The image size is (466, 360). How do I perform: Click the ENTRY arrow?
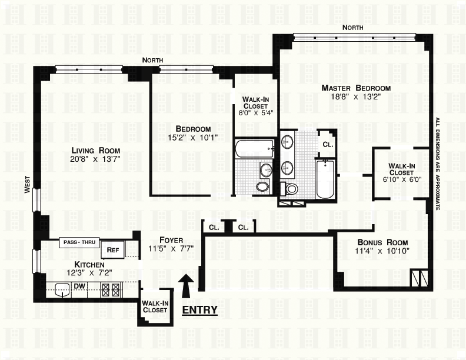tap(186, 285)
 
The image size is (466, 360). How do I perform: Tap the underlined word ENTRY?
tap(199, 310)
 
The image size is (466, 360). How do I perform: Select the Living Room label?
tap(95, 151)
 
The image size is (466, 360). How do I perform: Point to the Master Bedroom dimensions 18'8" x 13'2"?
tap(356, 96)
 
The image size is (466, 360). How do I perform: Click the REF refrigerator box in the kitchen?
tap(112, 250)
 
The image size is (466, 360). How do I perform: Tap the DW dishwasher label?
tap(79, 286)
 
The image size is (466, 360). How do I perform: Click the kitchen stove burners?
tap(111, 289)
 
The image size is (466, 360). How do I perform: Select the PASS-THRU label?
tap(79, 242)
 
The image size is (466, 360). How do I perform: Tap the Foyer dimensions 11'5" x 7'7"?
tap(171, 248)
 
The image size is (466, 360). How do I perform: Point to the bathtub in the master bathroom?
tap(325, 179)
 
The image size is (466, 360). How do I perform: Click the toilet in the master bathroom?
tap(289, 189)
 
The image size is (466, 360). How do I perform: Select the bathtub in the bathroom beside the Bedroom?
tap(254, 149)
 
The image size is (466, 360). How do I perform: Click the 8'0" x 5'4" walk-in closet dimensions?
tap(255, 112)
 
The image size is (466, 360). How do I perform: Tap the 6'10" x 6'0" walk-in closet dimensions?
tap(402, 179)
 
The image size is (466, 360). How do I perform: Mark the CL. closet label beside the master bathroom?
tap(328, 145)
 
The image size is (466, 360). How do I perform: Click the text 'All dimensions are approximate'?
tap(438, 164)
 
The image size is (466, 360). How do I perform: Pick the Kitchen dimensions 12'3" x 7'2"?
tap(89, 272)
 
